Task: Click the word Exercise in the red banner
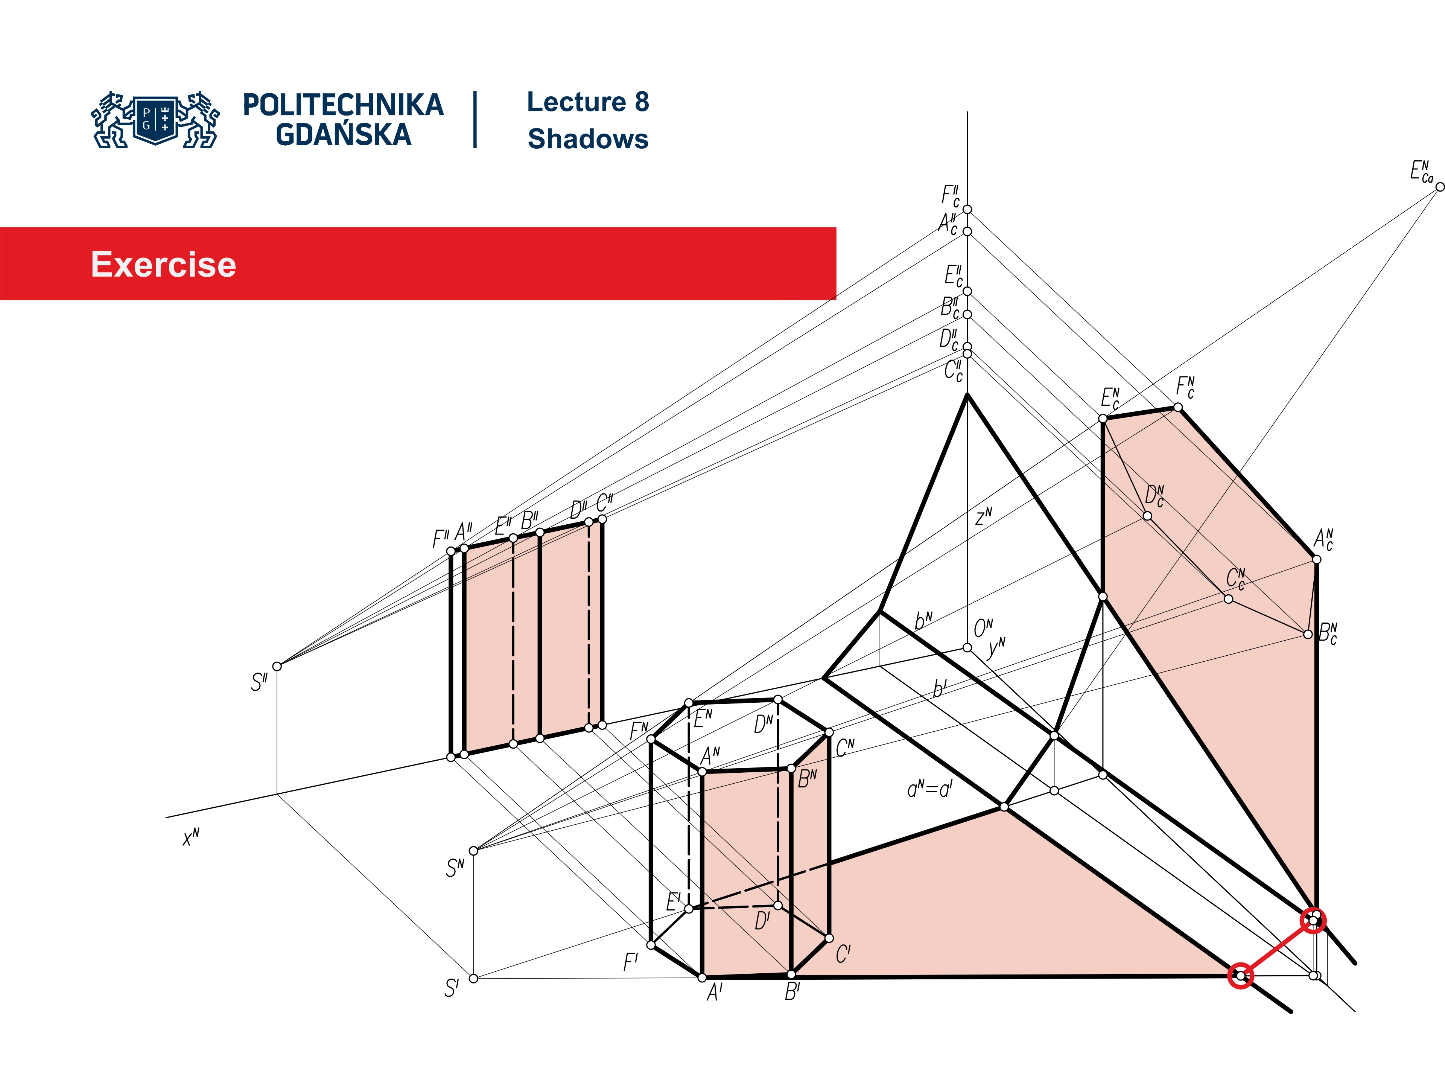(163, 265)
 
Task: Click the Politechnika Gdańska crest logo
(155, 120)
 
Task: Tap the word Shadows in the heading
(587, 139)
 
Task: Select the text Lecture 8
(587, 102)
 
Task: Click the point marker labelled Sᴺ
(474, 851)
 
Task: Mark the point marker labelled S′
(474, 978)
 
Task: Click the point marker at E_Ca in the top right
(1439, 187)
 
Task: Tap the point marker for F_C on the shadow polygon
(1178, 407)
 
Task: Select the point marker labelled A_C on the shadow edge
(1316, 559)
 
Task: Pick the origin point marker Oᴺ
(967, 647)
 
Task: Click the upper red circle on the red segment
(1313, 921)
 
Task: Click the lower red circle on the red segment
(1240, 976)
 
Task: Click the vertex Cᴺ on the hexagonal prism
(829, 732)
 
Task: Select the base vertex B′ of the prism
(791, 974)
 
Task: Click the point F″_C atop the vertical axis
(967, 209)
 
